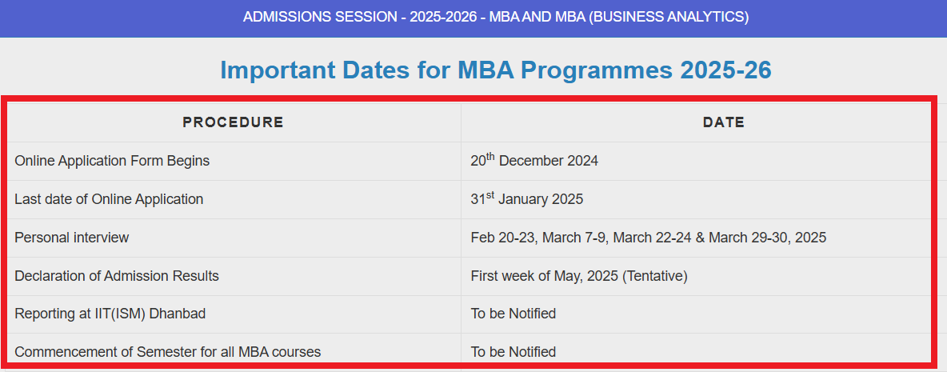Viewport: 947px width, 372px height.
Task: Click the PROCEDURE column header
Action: click(x=233, y=122)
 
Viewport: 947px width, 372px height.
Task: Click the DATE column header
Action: click(x=723, y=122)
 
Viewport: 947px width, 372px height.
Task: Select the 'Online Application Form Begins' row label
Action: click(x=112, y=161)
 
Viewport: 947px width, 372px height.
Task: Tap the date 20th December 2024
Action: click(x=534, y=161)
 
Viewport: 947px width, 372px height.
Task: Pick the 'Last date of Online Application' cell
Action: click(x=109, y=199)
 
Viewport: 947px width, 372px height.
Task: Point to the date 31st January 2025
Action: click(x=526, y=199)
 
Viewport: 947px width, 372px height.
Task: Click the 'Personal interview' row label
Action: click(x=71, y=238)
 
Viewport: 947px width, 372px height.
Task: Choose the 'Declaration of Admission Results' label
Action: click(x=117, y=276)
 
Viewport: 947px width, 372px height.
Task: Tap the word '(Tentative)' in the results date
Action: click(x=655, y=276)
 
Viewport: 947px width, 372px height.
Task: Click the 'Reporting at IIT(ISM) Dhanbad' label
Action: click(x=110, y=314)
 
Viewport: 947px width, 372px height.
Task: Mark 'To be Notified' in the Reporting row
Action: click(x=513, y=314)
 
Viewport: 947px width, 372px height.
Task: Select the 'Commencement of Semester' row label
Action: click(x=167, y=352)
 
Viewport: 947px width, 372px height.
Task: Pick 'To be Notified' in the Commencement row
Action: click(x=513, y=352)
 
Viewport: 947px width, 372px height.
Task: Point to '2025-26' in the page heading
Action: click(x=725, y=70)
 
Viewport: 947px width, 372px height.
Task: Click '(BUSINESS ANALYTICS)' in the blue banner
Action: click(x=668, y=17)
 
